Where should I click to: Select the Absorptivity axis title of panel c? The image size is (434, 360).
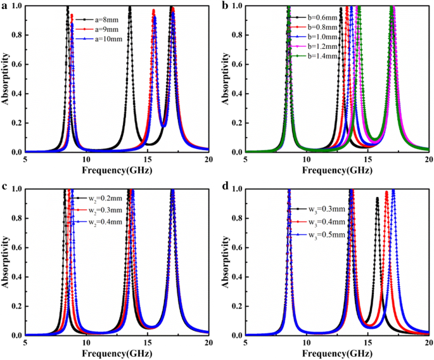(x=6, y=261)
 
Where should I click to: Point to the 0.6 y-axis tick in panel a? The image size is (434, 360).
(x=15, y=65)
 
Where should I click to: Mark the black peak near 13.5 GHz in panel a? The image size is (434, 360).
(x=129, y=8)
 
